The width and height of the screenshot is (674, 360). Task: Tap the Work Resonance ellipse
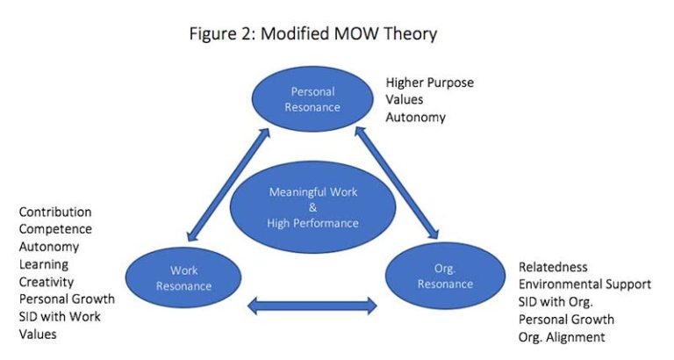click(183, 278)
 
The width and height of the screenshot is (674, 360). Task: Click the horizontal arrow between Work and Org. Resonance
click(312, 306)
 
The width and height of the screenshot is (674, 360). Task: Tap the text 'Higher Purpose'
click(429, 83)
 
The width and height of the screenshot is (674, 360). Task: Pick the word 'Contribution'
click(55, 212)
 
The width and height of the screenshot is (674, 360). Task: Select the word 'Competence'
click(55, 229)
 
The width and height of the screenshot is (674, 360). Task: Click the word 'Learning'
click(44, 264)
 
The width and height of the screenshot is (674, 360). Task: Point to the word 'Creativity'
click(47, 282)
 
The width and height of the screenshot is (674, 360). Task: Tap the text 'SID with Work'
click(60, 317)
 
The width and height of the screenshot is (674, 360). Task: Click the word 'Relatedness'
click(553, 267)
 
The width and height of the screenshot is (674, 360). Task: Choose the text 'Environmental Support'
click(584, 284)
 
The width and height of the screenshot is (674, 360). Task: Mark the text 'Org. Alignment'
click(563, 337)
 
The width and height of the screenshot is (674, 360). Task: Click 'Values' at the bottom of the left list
click(38, 335)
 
